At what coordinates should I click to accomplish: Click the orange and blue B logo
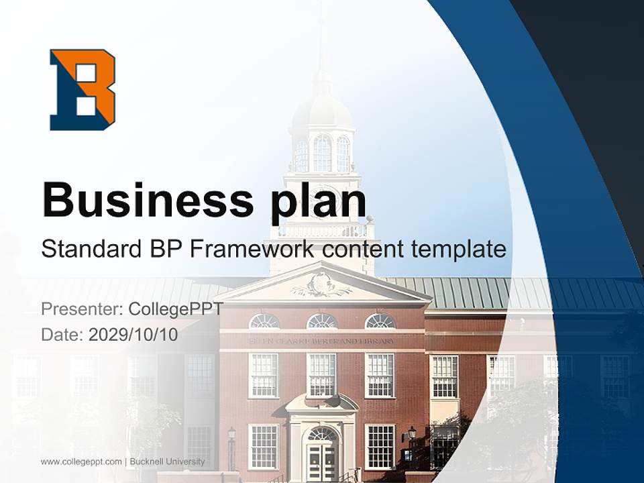(83, 89)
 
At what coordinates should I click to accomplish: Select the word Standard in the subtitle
(90, 250)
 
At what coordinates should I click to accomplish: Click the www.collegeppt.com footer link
(81, 462)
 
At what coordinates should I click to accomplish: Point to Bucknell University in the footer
(167, 462)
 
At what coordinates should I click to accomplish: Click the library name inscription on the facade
(322, 341)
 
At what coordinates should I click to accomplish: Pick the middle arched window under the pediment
(322, 321)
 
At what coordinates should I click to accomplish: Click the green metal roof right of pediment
(510, 292)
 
